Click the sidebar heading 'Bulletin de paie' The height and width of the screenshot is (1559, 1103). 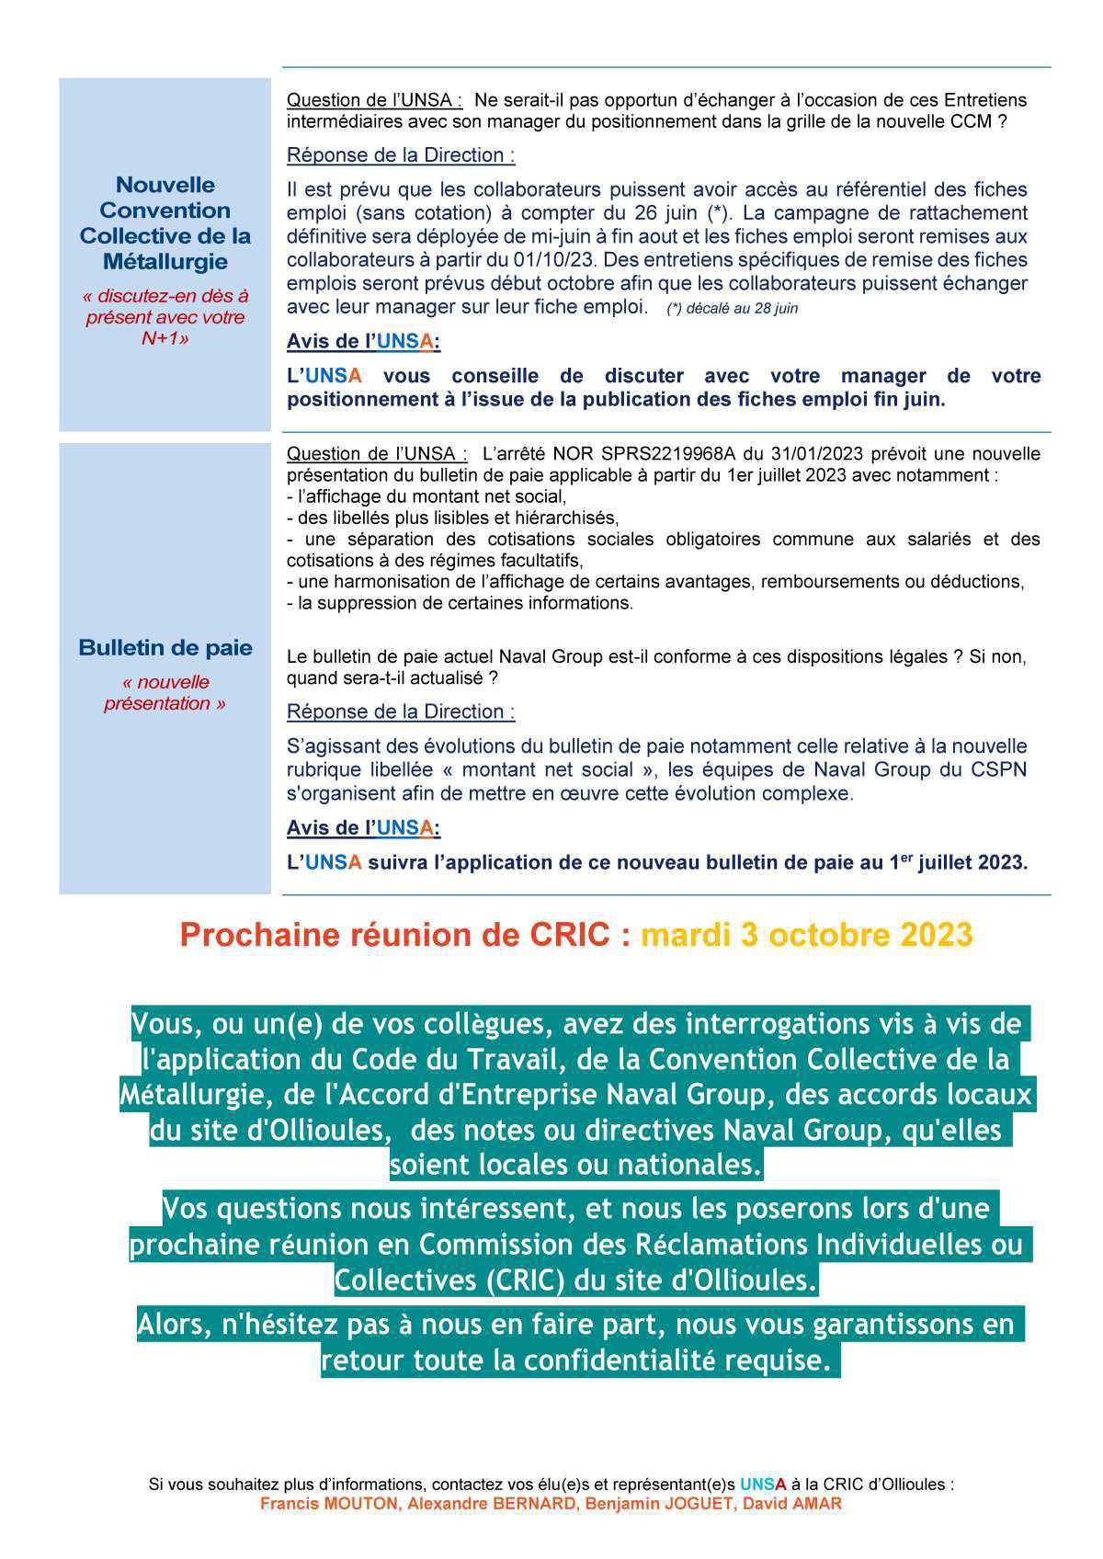pos(165,648)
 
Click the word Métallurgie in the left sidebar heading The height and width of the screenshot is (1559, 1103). pos(165,262)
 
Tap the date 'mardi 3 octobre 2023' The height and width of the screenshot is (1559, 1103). pos(806,935)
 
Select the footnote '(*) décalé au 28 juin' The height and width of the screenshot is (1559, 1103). pos(732,309)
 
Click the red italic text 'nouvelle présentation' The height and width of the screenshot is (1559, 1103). pos(165,693)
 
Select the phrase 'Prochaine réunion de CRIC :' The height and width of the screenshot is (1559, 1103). pos(405,935)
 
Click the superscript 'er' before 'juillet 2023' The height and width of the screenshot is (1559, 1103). pos(907,857)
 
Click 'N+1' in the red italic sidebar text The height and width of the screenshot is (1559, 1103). pos(165,338)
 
